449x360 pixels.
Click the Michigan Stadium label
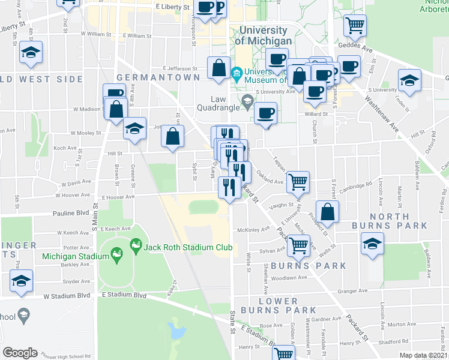click(76, 256)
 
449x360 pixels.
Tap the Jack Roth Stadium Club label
click(180, 247)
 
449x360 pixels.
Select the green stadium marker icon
click(136, 246)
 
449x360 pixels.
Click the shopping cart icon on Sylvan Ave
click(298, 245)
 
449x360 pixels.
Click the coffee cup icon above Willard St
click(265, 113)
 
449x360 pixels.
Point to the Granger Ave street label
click(352, 290)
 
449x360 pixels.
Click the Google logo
click(20, 352)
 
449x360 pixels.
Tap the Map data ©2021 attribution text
click(424, 355)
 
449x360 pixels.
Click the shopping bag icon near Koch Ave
click(173, 136)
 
